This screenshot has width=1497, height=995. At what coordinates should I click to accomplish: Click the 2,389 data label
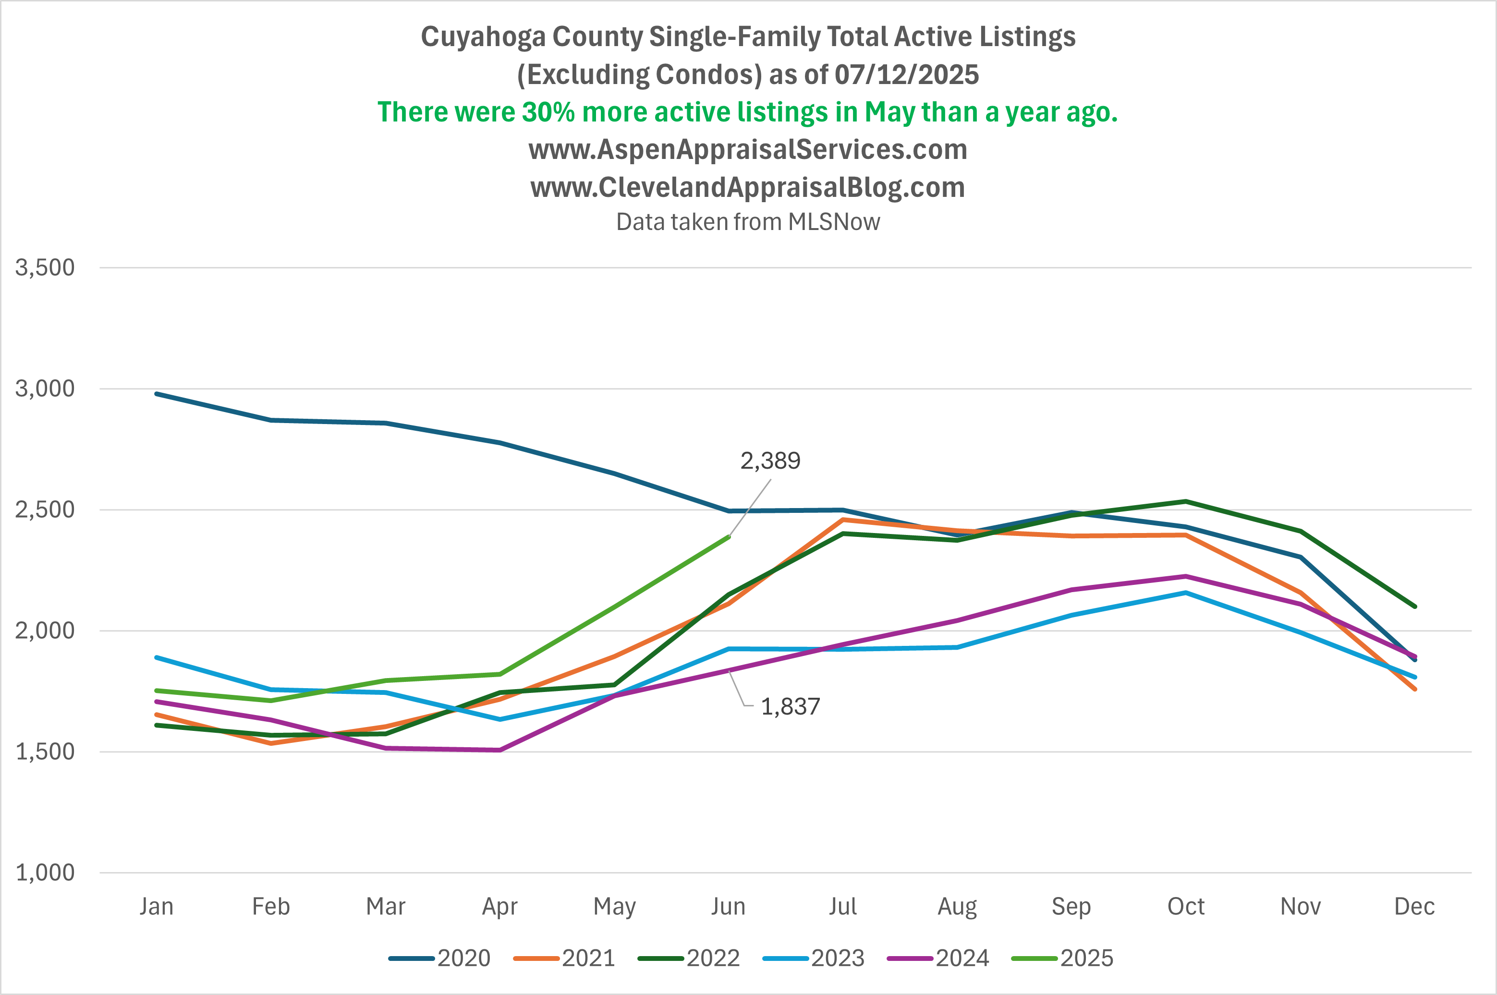pyautogui.click(x=770, y=461)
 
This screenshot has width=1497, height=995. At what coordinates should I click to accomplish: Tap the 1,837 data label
pyautogui.click(x=790, y=707)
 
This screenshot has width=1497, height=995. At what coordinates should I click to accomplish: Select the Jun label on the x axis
pyautogui.click(x=728, y=907)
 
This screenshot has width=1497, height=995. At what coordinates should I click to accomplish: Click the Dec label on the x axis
pyautogui.click(x=1414, y=907)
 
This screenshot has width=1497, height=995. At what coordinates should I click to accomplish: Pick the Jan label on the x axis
pyautogui.click(x=156, y=907)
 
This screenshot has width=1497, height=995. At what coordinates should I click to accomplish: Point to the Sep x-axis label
pyautogui.click(x=1071, y=907)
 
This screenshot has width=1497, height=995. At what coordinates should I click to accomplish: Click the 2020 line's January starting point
pyautogui.click(x=157, y=394)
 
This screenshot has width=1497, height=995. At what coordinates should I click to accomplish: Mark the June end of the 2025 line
pyautogui.click(x=729, y=537)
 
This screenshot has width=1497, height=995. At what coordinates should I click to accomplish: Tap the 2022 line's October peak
pyautogui.click(x=1185, y=501)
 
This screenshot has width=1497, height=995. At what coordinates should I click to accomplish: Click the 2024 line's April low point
pyautogui.click(x=500, y=750)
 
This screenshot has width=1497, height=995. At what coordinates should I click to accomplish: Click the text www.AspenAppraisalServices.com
pyautogui.click(x=748, y=150)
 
